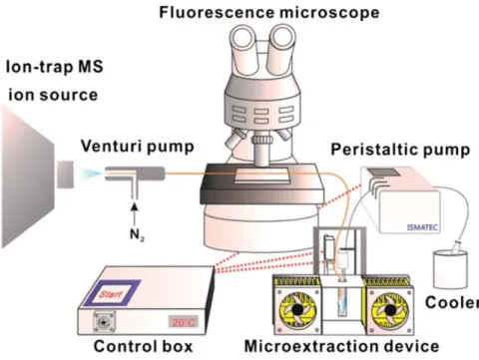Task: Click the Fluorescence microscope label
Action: (x=269, y=13)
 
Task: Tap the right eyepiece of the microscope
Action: (x=283, y=41)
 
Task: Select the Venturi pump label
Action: (x=138, y=147)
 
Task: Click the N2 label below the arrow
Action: (x=137, y=235)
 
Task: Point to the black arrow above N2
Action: (x=134, y=214)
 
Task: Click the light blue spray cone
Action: (x=91, y=174)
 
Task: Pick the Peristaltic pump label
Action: (x=400, y=150)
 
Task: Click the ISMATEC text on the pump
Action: (x=422, y=227)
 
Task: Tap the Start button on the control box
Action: (x=112, y=293)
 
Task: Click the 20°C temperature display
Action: (x=184, y=322)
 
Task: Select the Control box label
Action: (x=143, y=346)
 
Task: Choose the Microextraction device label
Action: (x=341, y=346)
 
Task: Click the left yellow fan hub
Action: (x=297, y=310)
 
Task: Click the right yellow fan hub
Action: (x=390, y=310)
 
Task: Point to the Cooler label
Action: (x=452, y=302)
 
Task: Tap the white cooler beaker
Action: (x=450, y=269)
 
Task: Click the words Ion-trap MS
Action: (x=55, y=67)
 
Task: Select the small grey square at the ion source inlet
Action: (x=65, y=175)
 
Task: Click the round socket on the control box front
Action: (x=104, y=322)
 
